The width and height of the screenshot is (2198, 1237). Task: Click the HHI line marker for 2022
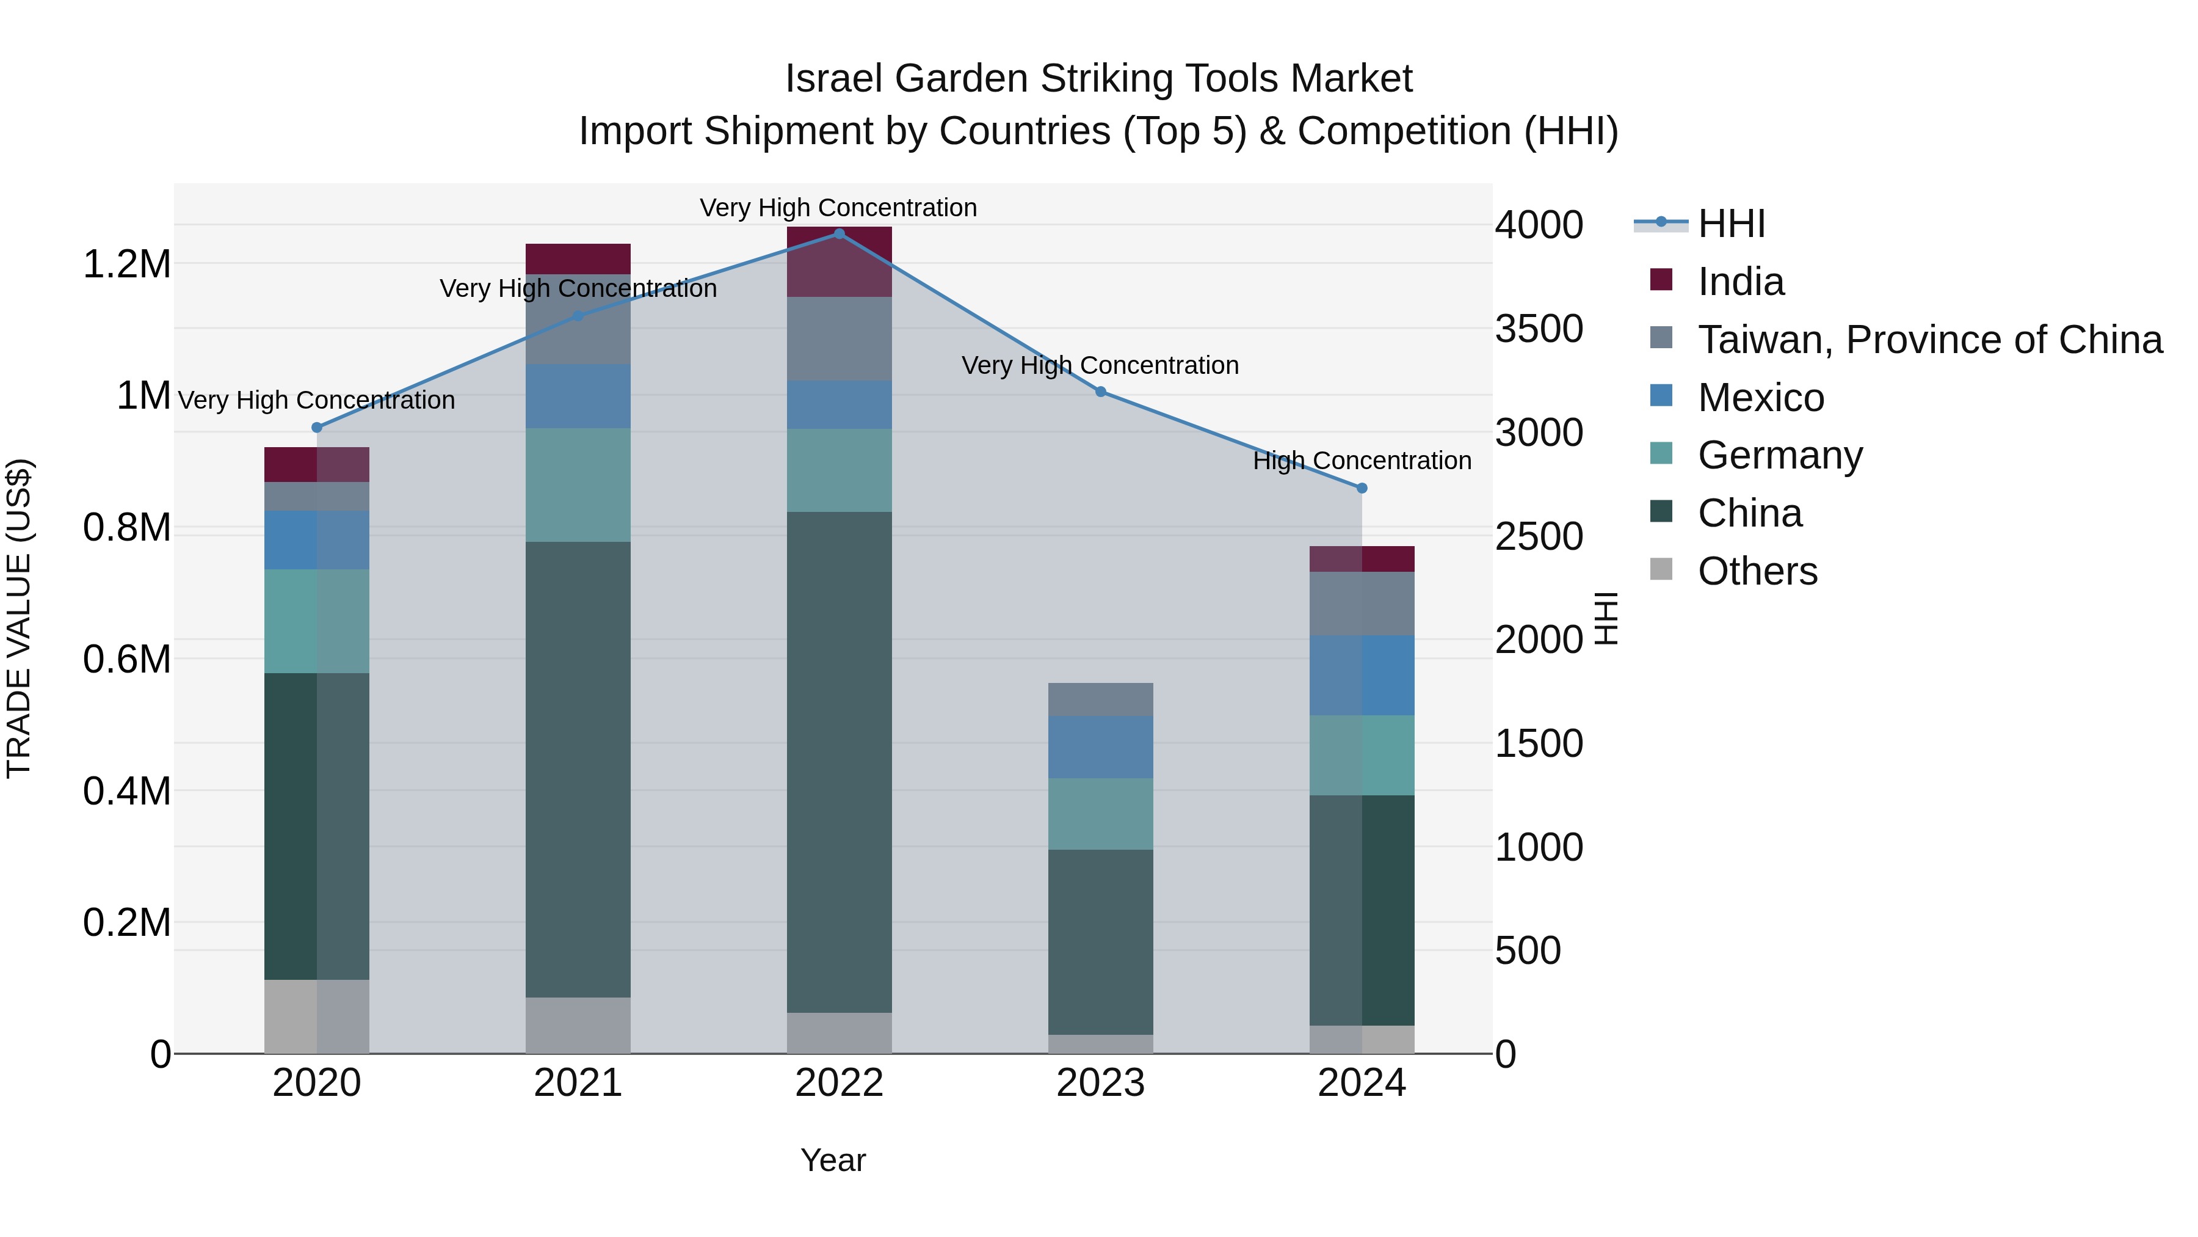click(x=839, y=234)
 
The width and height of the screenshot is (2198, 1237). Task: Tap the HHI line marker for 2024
click(x=1362, y=488)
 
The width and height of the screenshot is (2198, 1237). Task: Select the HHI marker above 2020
click(x=316, y=428)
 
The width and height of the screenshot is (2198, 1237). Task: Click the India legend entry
click(x=1741, y=282)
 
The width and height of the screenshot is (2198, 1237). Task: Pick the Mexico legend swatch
click(x=1661, y=396)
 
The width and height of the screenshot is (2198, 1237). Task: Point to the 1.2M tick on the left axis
click(x=126, y=265)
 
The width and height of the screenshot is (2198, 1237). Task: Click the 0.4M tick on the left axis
click(x=126, y=791)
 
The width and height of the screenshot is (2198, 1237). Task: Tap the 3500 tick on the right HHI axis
click(x=1539, y=329)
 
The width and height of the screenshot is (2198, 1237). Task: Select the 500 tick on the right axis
click(x=1528, y=951)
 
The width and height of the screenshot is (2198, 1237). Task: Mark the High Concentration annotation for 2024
click(x=1362, y=461)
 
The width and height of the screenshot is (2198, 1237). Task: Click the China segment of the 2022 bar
click(x=839, y=762)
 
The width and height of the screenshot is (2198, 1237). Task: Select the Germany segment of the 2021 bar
click(x=578, y=485)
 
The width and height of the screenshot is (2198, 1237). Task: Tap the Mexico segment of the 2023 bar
click(x=1100, y=747)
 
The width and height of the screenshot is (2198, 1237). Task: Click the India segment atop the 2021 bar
click(x=578, y=258)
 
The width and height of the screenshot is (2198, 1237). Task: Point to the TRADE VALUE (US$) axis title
click(x=19, y=618)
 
